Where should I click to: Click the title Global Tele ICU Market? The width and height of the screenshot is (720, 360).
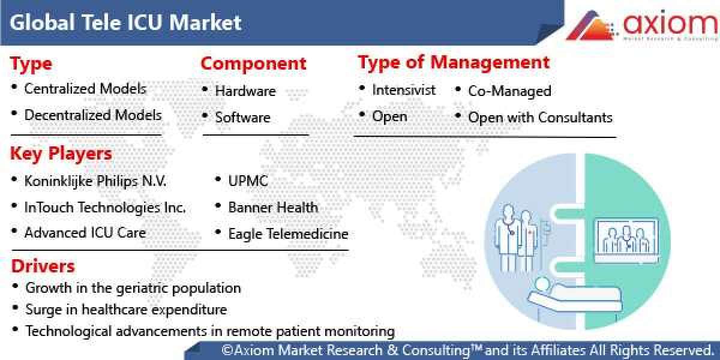tap(125, 23)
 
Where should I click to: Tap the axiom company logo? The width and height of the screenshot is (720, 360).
tap(643, 25)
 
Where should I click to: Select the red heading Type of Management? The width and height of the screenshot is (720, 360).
tap(453, 62)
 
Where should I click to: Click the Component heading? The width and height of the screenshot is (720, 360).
tap(253, 63)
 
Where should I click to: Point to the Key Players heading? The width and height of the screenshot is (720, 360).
tap(61, 154)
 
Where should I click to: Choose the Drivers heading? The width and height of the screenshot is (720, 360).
tap(43, 266)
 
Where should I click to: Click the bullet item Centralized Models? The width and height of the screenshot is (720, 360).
tap(85, 89)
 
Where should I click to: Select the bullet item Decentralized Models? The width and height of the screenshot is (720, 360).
tap(92, 115)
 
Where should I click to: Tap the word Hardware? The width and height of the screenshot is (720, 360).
tap(245, 91)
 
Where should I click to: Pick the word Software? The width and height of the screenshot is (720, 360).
tap(242, 118)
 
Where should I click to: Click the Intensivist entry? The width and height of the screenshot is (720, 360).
tap(403, 90)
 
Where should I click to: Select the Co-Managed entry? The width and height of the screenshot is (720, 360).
tap(509, 91)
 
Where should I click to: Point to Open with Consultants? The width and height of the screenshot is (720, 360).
tap(540, 117)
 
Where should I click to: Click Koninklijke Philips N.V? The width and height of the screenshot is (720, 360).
tap(95, 181)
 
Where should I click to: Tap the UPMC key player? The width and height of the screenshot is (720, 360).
tap(248, 181)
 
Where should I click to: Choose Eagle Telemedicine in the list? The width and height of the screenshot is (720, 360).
tap(288, 233)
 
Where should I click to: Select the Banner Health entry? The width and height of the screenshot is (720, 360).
tap(273, 207)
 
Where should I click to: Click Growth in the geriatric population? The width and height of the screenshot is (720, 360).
tap(133, 288)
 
